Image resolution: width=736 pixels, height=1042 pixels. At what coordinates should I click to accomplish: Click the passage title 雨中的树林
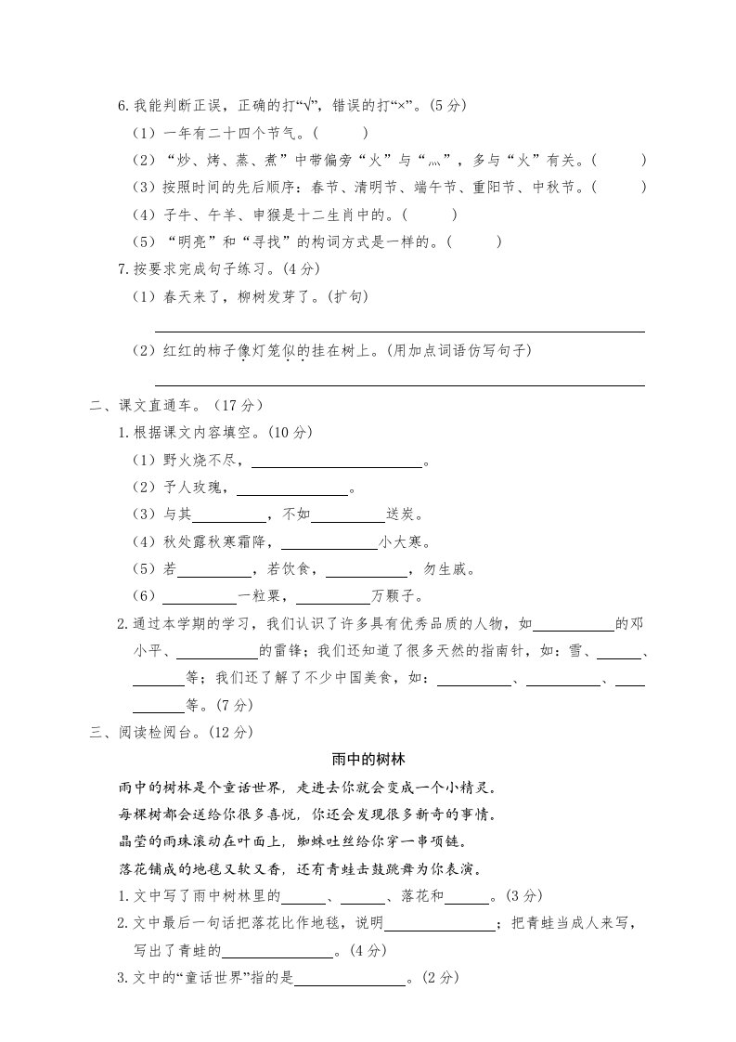[x=368, y=759]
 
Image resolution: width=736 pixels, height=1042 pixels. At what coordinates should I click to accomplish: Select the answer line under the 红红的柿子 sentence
[x=399, y=384]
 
